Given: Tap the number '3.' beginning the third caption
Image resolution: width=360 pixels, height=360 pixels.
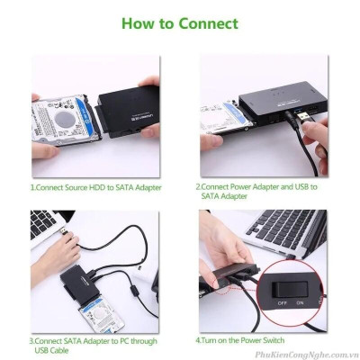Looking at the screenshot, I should [x=32, y=342].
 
